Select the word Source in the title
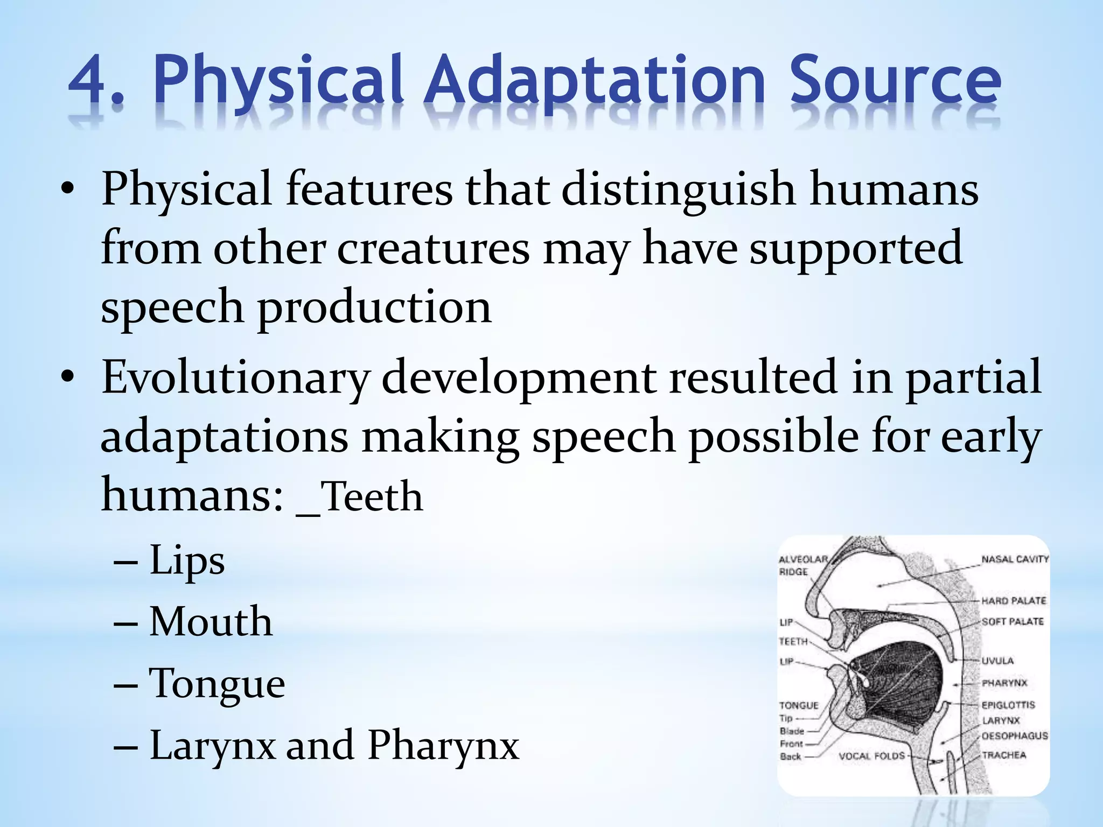click(x=895, y=81)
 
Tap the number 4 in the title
click(x=89, y=81)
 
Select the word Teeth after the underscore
click(x=372, y=496)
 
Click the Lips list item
click(x=186, y=560)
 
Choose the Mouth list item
click(x=211, y=622)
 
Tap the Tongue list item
click(x=217, y=684)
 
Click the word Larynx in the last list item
click(x=212, y=746)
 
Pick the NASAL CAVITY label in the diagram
click(x=1015, y=559)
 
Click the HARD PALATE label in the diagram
click(x=1013, y=601)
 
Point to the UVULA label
click(x=997, y=661)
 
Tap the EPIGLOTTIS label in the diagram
click(x=1008, y=705)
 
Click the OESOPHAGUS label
click(x=1014, y=736)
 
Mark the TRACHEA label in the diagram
click(x=1003, y=755)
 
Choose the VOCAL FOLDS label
click(x=871, y=756)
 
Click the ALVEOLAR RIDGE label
click(x=802, y=565)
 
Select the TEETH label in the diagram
click(x=793, y=641)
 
